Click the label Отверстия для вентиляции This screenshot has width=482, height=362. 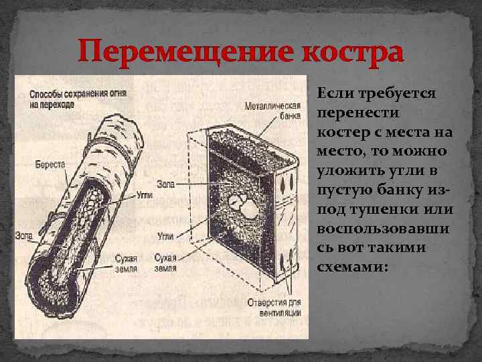click(274, 307)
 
